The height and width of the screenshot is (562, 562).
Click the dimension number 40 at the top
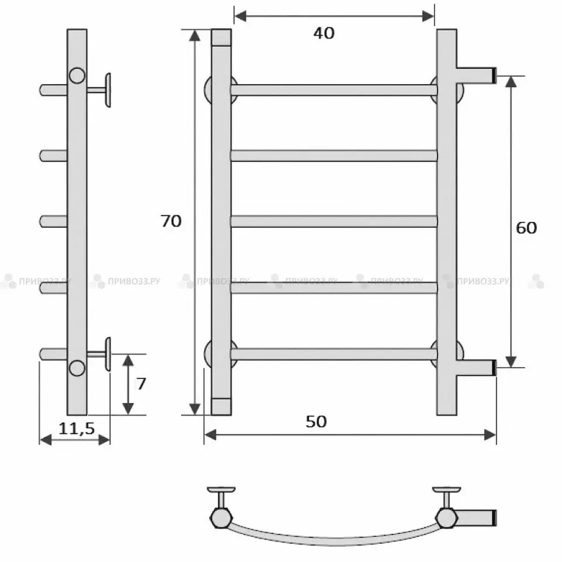(x=324, y=33)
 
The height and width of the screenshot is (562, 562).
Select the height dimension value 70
(x=171, y=221)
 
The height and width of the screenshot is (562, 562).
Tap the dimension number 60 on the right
(x=526, y=228)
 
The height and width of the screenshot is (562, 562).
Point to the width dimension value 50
(x=316, y=421)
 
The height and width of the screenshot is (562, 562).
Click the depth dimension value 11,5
(x=76, y=428)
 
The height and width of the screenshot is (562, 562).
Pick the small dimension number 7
(x=141, y=384)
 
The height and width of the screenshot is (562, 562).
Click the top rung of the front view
(x=334, y=90)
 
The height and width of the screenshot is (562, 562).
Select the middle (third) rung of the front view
(x=334, y=221)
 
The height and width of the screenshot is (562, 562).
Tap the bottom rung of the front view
(x=334, y=354)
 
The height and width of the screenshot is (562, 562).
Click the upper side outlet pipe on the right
(x=477, y=76)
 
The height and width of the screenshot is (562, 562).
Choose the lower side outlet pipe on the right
(x=477, y=368)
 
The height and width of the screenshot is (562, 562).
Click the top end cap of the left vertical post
(x=221, y=37)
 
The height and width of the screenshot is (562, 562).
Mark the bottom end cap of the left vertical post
(x=221, y=406)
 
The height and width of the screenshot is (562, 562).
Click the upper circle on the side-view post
(x=77, y=76)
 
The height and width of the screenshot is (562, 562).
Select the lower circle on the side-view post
(x=77, y=368)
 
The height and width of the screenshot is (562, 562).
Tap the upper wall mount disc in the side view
(x=108, y=90)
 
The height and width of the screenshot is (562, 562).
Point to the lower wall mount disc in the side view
(x=108, y=354)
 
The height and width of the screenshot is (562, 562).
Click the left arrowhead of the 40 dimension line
(x=241, y=16)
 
